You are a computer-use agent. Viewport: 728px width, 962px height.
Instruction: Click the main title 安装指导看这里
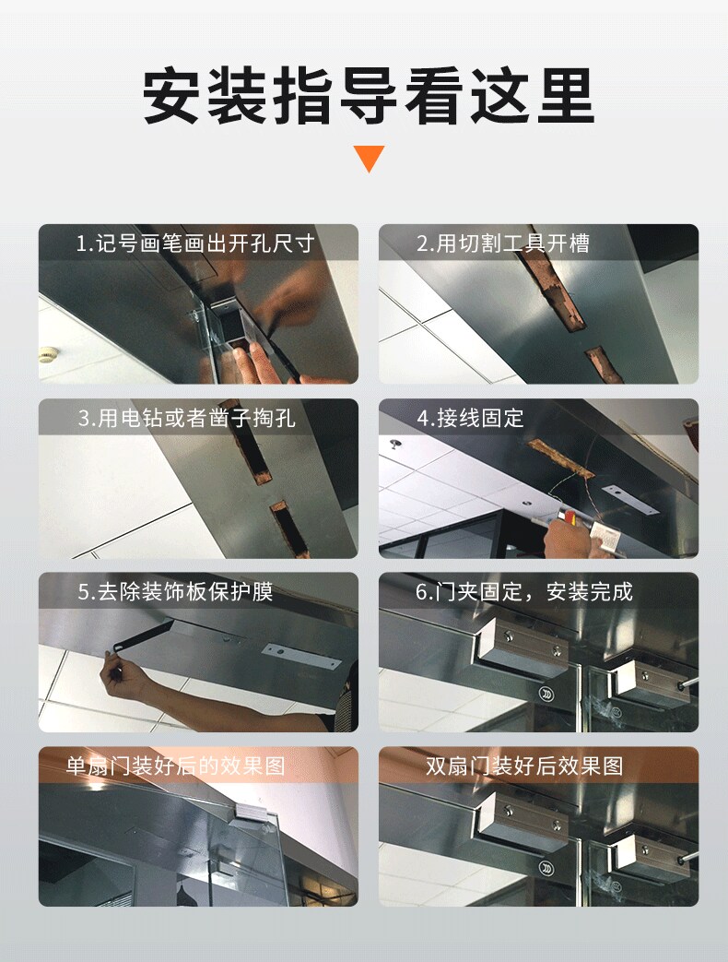[x=369, y=96]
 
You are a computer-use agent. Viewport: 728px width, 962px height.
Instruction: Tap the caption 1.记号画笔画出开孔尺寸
[x=195, y=243]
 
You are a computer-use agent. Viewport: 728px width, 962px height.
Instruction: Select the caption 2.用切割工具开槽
[x=503, y=243]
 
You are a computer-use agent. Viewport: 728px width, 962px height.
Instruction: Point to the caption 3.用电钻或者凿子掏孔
[x=187, y=418]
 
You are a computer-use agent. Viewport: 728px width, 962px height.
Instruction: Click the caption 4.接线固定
[x=471, y=418]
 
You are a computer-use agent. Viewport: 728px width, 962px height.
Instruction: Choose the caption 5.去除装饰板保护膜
[x=175, y=591]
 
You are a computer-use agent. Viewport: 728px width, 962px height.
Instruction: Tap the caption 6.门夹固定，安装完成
[x=524, y=591]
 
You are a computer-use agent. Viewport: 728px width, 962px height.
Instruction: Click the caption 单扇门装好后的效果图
[x=175, y=766]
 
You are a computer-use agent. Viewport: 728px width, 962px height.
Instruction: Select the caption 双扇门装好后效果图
[x=524, y=766]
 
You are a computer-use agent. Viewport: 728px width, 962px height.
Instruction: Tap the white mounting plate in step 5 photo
[x=301, y=657]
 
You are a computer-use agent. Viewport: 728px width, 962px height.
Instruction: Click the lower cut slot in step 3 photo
[x=289, y=529]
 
